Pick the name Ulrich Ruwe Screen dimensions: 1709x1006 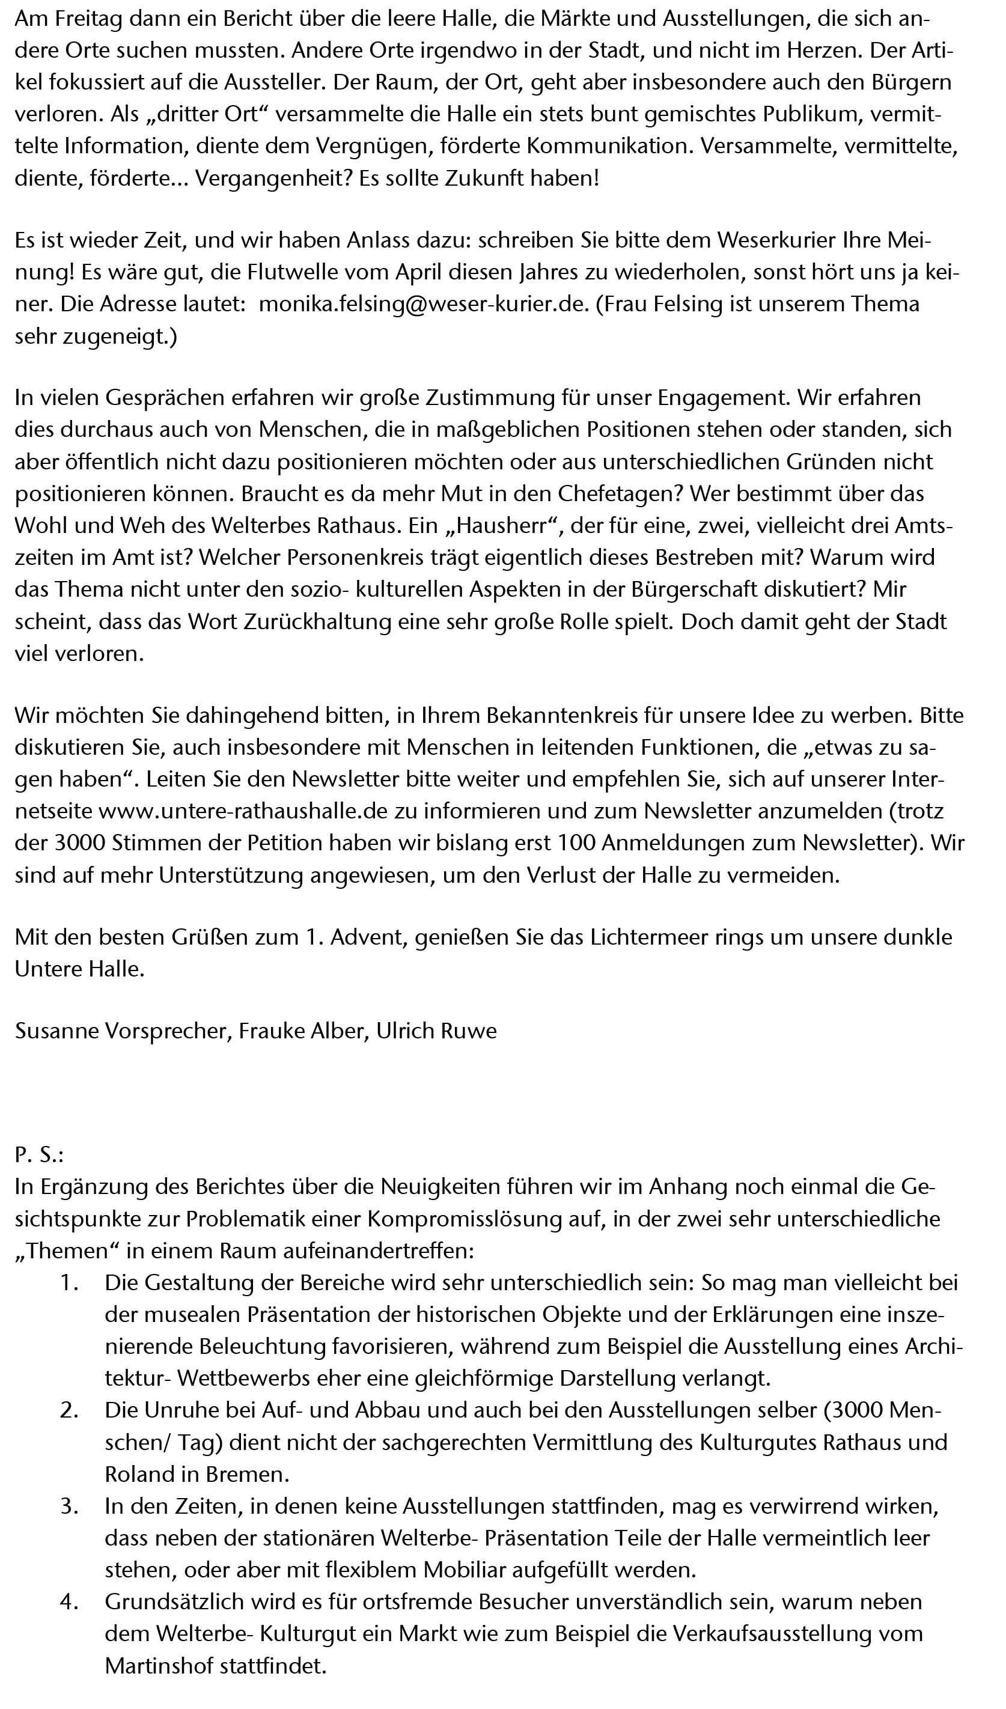point(437,1031)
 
